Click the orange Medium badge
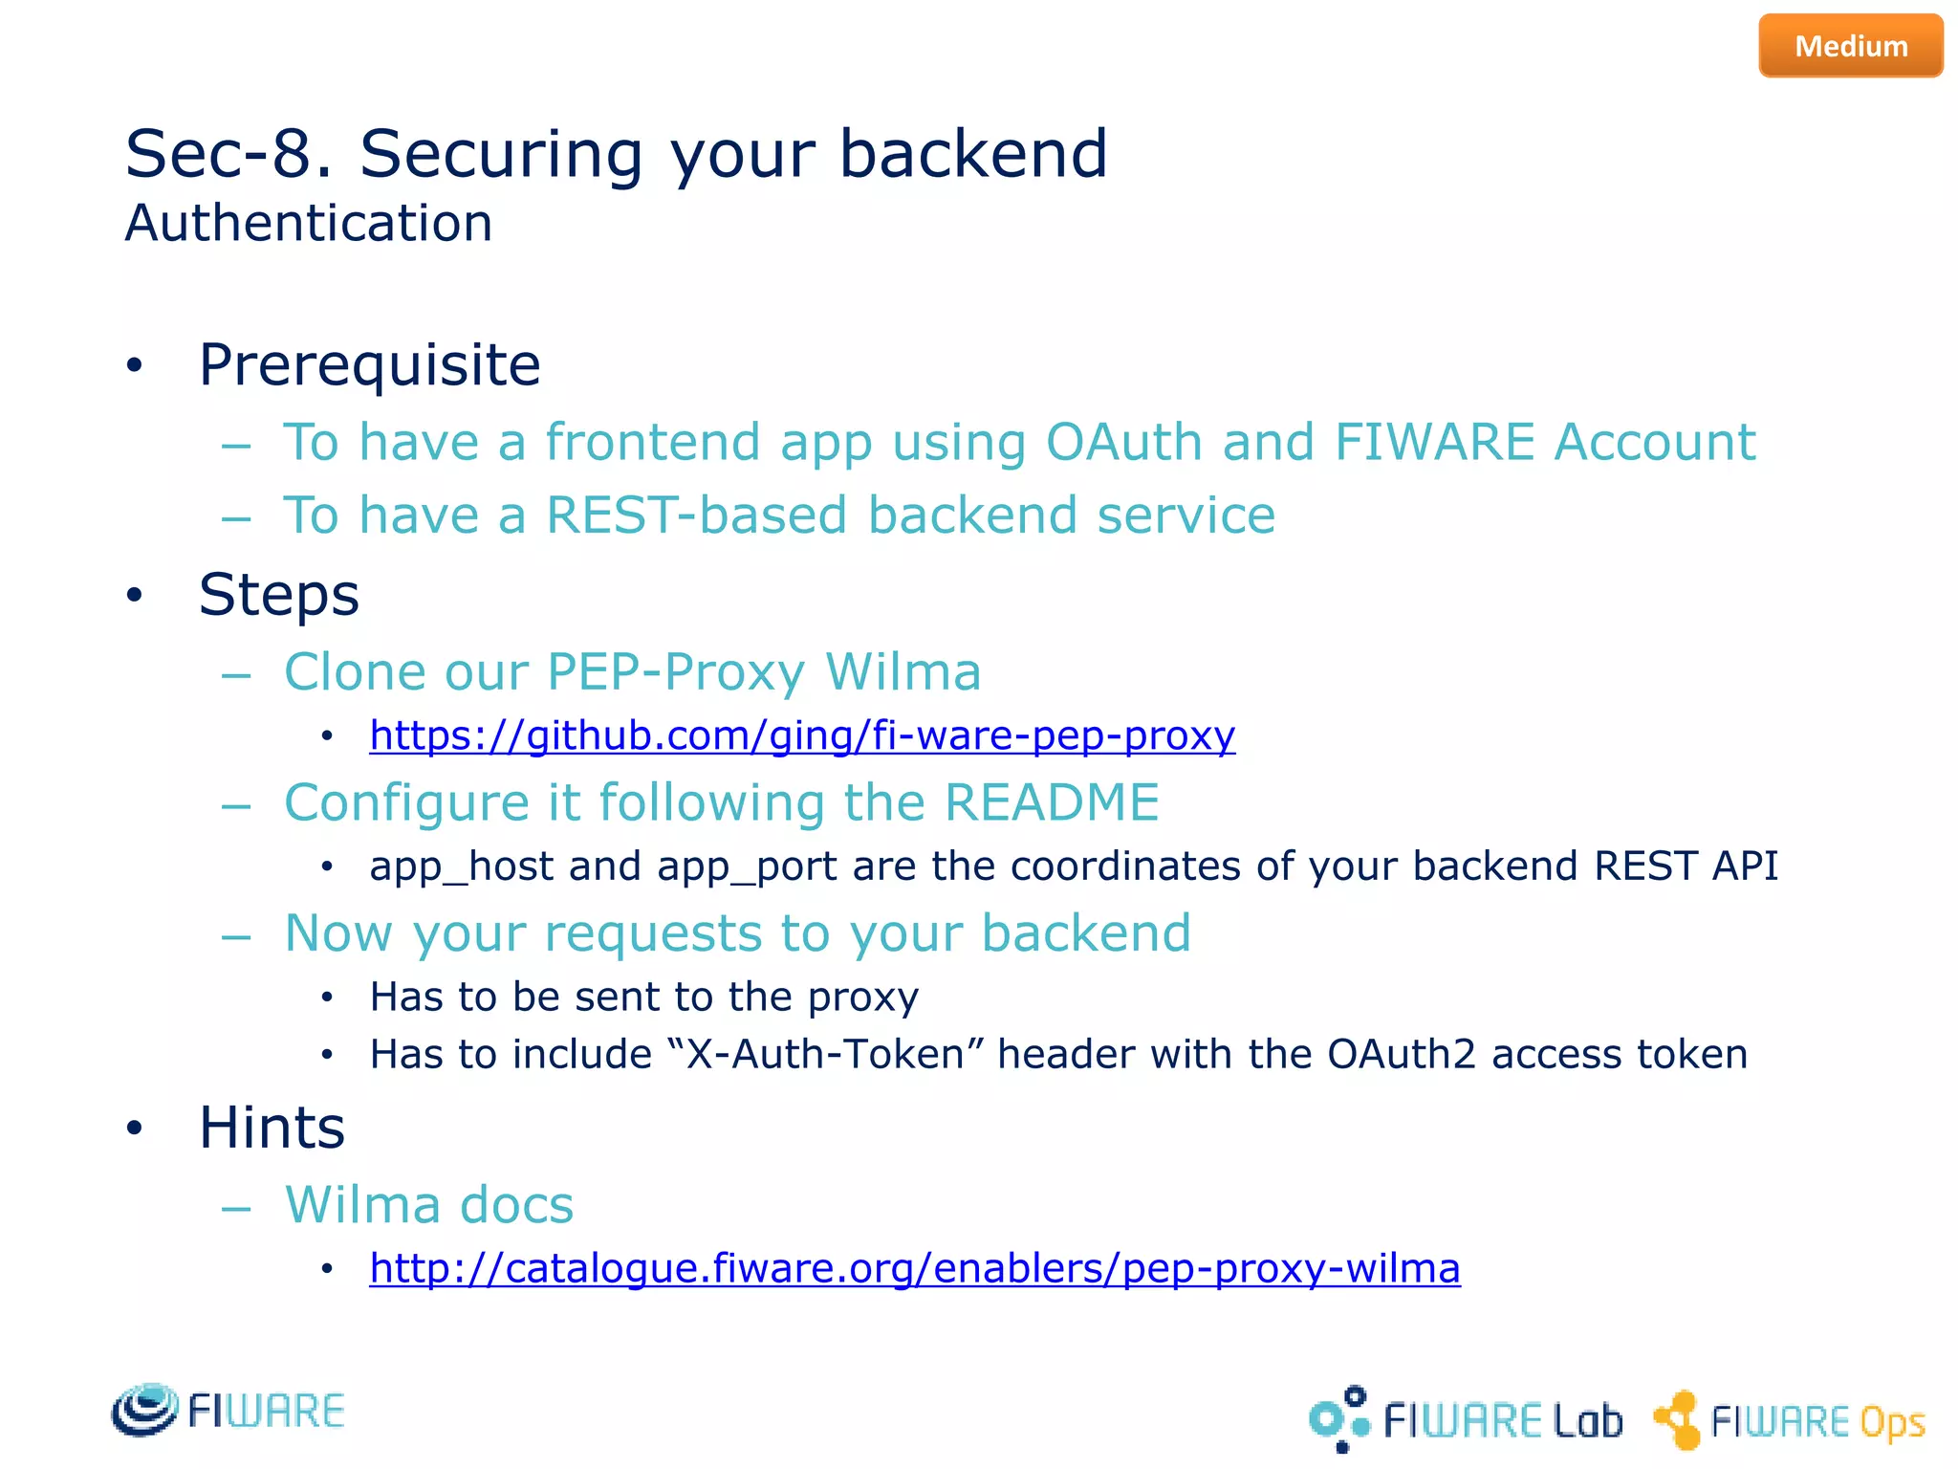[1850, 46]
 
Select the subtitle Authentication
[309, 224]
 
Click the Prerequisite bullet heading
[369, 365]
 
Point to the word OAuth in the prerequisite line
[1123, 443]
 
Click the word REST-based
[696, 516]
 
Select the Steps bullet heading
[278, 595]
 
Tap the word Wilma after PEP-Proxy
[903, 672]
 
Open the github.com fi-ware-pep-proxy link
[802, 735]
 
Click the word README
[1052, 802]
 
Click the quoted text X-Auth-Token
[825, 1055]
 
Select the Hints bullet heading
[272, 1129]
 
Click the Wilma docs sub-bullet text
[429, 1205]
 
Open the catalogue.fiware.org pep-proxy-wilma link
[915, 1269]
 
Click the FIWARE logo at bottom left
[228, 1410]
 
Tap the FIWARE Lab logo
[1466, 1419]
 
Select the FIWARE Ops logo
[1789, 1420]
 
